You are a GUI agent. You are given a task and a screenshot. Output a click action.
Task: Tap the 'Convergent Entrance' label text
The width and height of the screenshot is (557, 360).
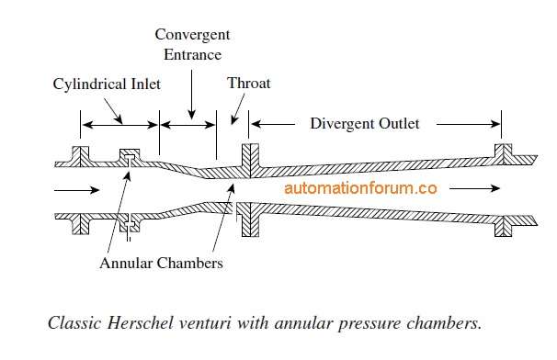pos(192,44)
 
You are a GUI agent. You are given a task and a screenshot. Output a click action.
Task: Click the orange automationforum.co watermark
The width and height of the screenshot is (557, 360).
pos(360,188)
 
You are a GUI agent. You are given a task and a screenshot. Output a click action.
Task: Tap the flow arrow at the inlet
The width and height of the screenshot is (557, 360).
pos(73,191)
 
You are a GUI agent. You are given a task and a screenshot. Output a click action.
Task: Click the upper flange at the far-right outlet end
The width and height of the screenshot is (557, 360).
pos(502,152)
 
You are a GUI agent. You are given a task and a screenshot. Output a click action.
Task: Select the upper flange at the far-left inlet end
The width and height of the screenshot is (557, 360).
pos(80,155)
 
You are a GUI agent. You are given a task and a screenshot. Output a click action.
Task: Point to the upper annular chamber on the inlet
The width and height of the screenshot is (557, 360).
pos(131,155)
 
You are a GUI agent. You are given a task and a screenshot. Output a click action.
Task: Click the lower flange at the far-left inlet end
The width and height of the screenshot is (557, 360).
pos(81,223)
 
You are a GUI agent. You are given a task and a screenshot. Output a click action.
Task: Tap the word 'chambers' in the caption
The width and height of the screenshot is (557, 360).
pos(451,324)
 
